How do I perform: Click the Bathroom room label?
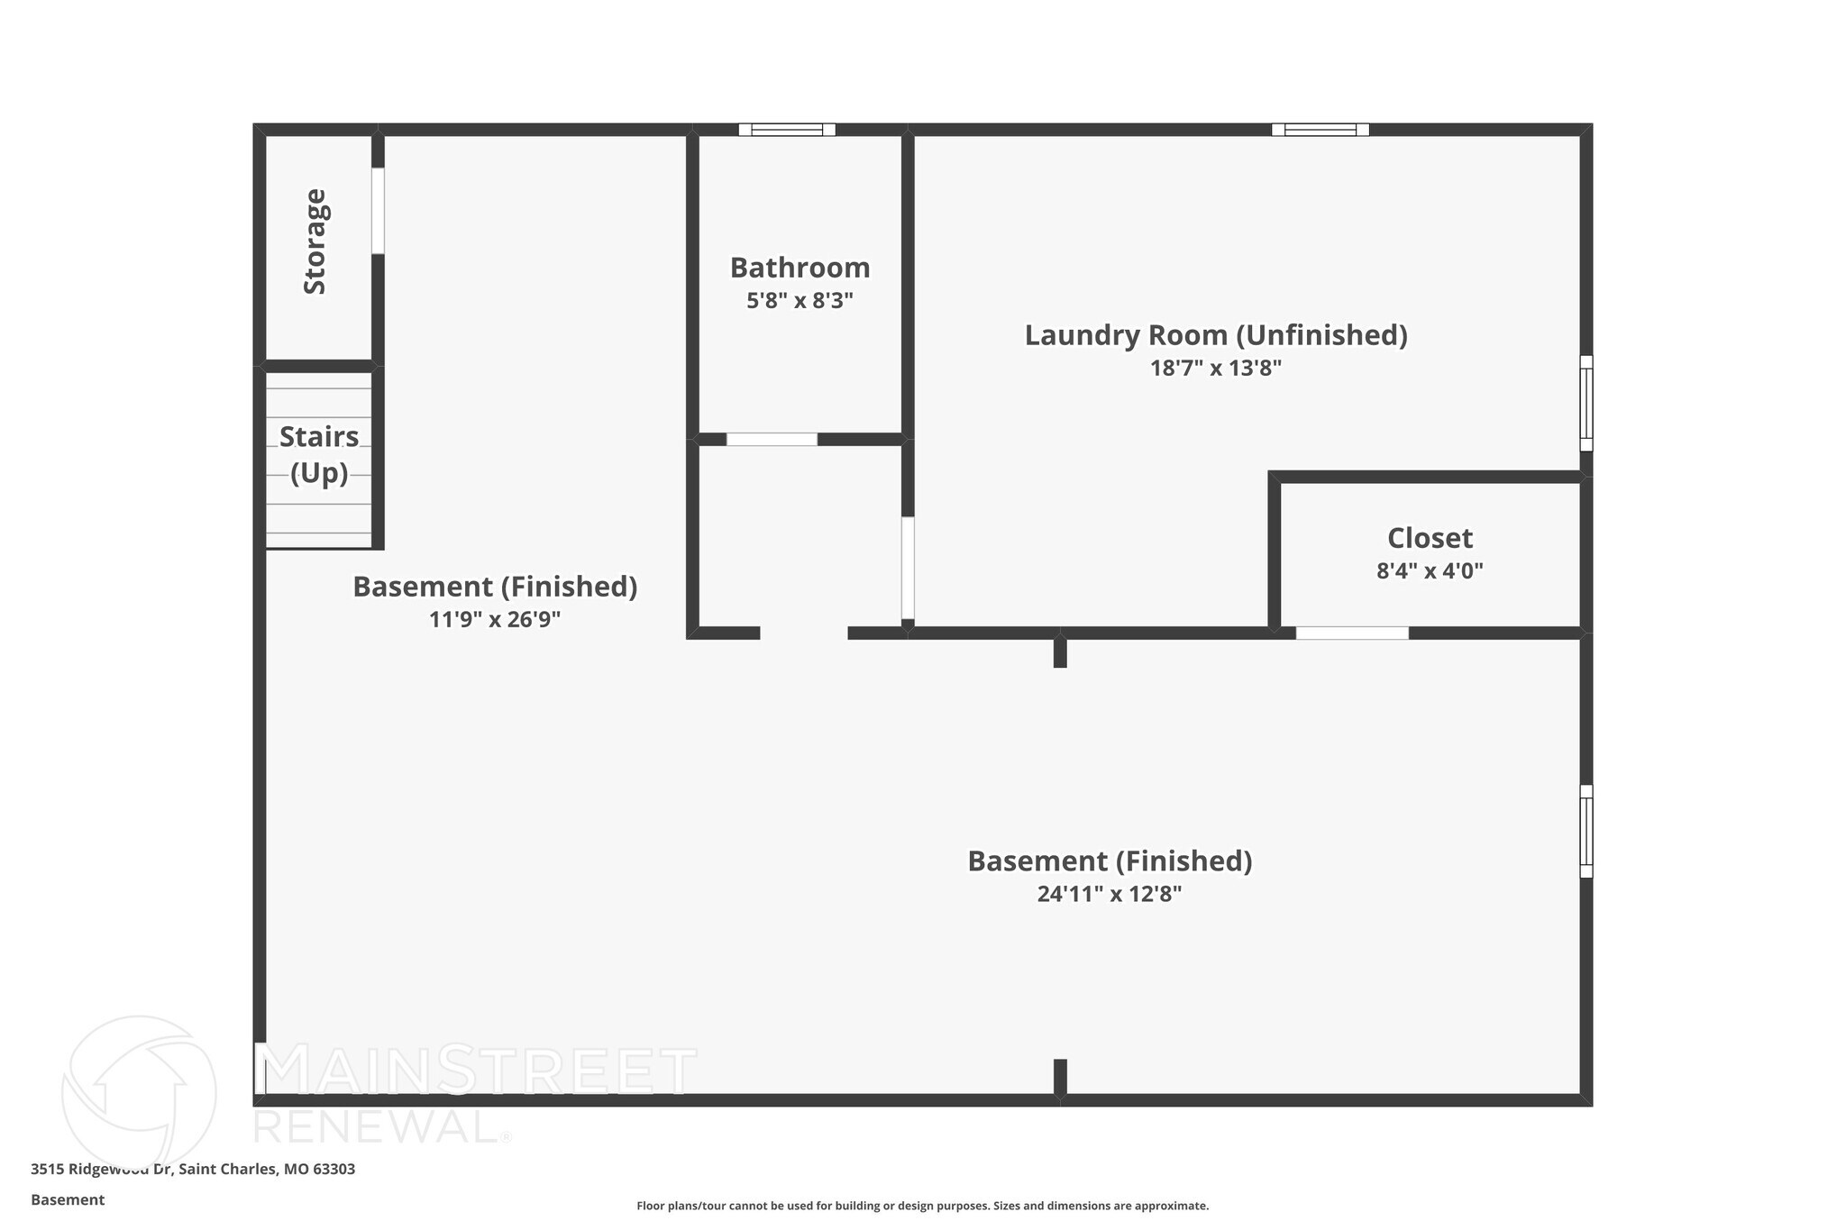[800, 268]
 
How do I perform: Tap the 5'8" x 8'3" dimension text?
[800, 301]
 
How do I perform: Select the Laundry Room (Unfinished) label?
[1216, 335]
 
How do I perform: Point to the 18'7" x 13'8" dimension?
[1216, 369]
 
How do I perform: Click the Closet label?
[1430, 538]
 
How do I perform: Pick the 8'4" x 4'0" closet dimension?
[1430, 571]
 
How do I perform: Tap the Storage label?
[315, 241]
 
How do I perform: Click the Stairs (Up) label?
[319, 454]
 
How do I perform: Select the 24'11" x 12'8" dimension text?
[1110, 895]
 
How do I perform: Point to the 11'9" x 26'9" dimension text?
[495, 620]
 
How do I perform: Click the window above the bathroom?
[787, 130]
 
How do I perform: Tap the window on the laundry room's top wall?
[1321, 130]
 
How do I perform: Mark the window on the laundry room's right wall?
[1586, 403]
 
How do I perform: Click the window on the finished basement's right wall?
[1586, 831]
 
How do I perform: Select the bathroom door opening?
[772, 440]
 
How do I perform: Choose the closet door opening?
[1352, 633]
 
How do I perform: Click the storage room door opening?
[378, 211]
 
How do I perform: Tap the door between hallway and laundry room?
[908, 568]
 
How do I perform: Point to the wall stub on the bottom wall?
[1060, 1077]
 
